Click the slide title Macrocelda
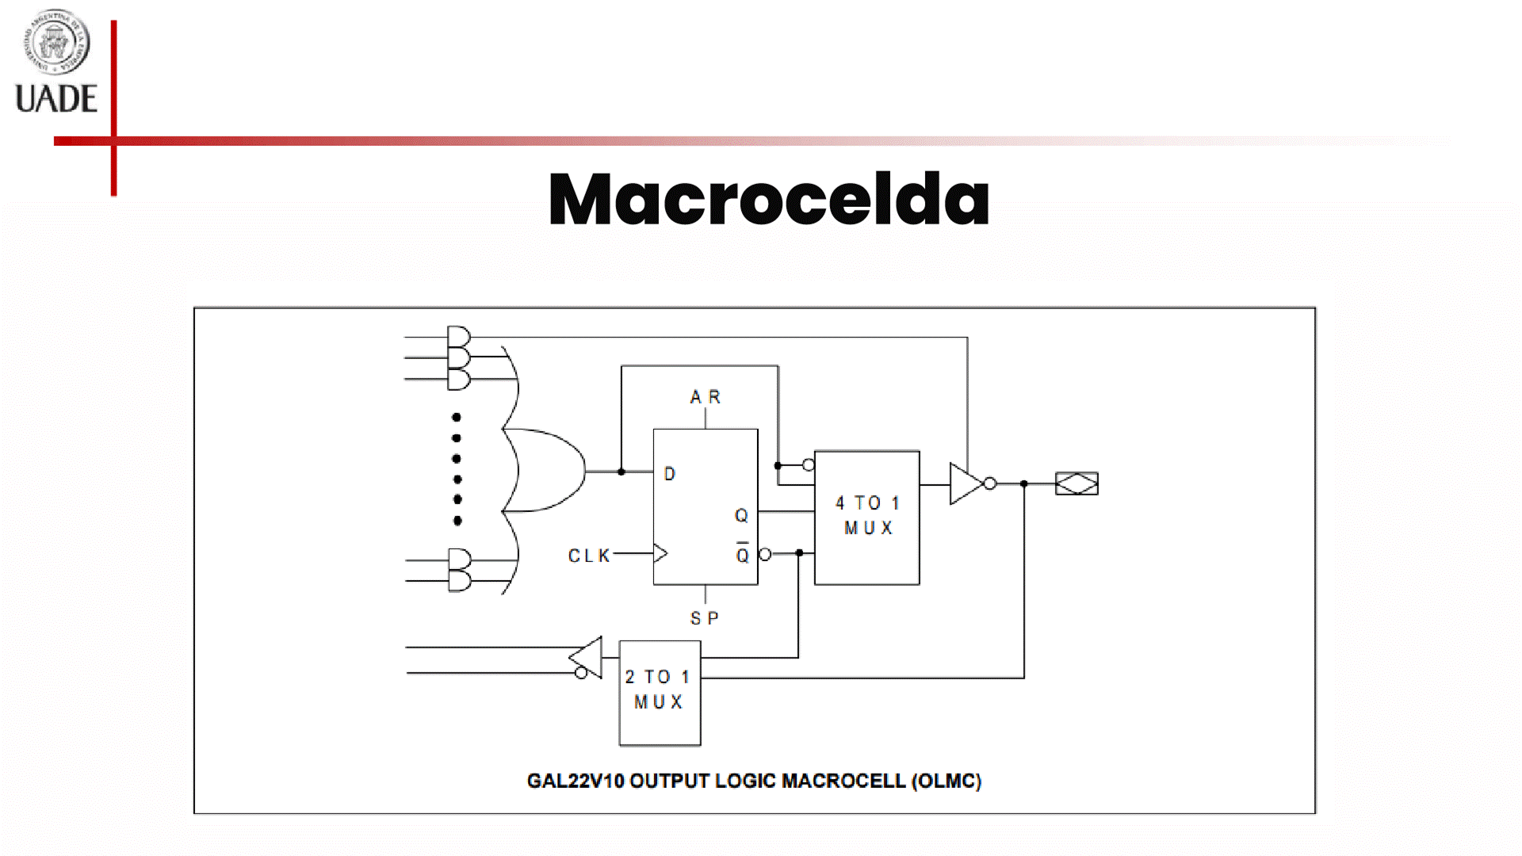(x=768, y=199)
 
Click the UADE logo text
(x=56, y=99)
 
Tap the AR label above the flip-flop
(x=705, y=397)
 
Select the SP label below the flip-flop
(x=704, y=618)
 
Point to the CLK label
(x=589, y=556)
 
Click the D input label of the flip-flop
(x=670, y=474)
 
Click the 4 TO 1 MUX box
(x=867, y=517)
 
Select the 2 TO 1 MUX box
(x=660, y=692)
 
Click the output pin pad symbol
(x=1076, y=483)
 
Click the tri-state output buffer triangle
(x=965, y=483)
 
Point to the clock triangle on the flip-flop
(x=660, y=553)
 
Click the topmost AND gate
(x=458, y=337)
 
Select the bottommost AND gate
(x=459, y=581)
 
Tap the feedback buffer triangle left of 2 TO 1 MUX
(x=587, y=657)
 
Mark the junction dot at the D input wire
(x=621, y=472)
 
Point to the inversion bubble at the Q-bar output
(x=765, y=554)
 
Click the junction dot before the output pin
(x=1024, y=483)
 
